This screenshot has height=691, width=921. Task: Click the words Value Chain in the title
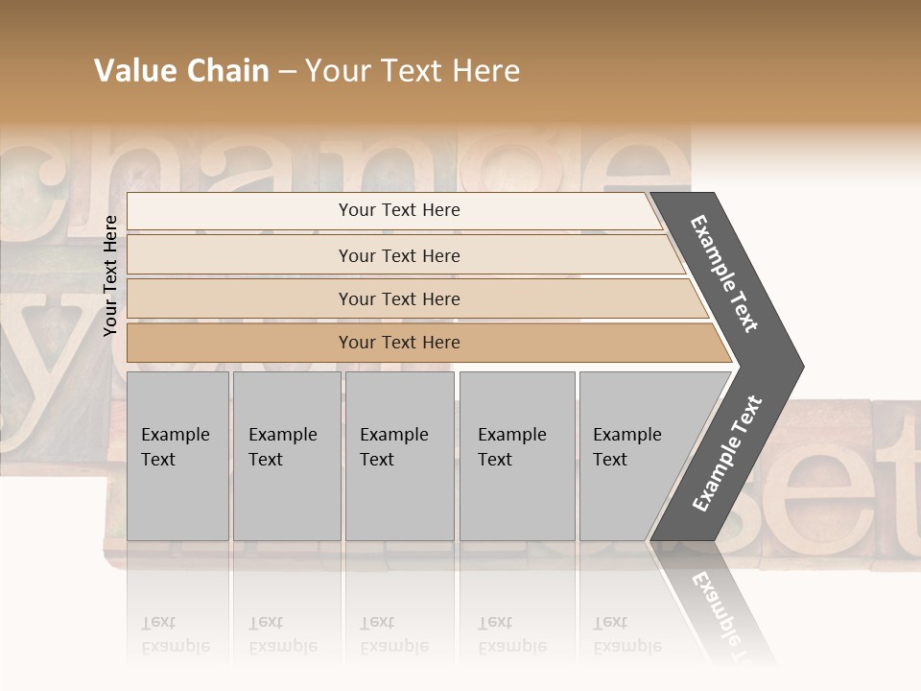pos(181,71)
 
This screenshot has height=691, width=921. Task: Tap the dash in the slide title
pos(287,72)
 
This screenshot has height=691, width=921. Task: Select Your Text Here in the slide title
pos(413,71)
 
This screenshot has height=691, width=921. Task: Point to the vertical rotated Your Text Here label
pos(110,275)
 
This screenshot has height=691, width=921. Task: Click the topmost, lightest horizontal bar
pos(399,210)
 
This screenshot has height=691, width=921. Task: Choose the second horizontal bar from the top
pos(399,255)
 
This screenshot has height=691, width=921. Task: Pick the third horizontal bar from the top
pos(399,298)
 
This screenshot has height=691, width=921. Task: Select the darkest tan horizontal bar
pos(399,343)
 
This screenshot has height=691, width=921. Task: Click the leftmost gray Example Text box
pos(177,456)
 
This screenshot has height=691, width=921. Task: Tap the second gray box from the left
pos(286,456)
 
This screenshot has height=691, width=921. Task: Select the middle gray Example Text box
pos(399,456)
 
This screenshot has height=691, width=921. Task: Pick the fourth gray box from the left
pos(516,456)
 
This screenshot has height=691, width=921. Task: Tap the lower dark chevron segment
pos(726,456)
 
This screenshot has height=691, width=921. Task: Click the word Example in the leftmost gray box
pos(175,435)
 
